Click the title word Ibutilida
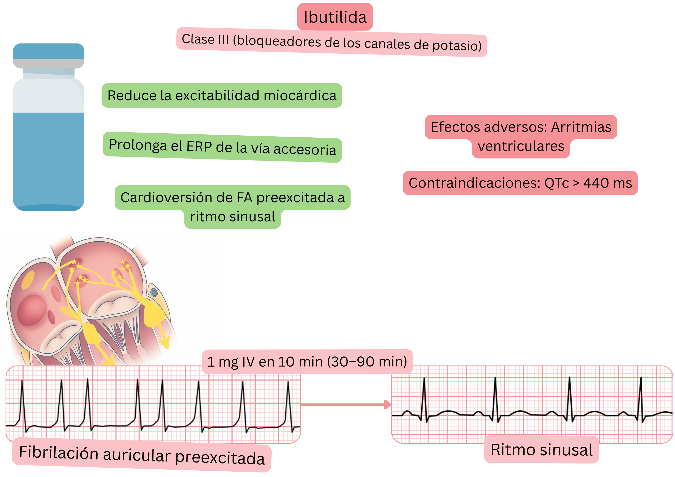[x=335, y=17]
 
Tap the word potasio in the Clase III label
[x=457, y=45]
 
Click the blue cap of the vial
[x=49, y=51]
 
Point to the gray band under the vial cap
[x=49, y=63]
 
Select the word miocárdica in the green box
[x=300, y=96]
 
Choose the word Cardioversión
[x=166, y=197]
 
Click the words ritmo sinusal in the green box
[x=232, y=217]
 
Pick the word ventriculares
[x=521, y=146]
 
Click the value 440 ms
[x=607, y=183]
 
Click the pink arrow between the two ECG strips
[x=346, y=404]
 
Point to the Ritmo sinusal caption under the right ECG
[x=541, y=450]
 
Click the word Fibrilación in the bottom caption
[x=58, y=452]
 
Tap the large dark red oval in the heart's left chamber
[x=32, y=310]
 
